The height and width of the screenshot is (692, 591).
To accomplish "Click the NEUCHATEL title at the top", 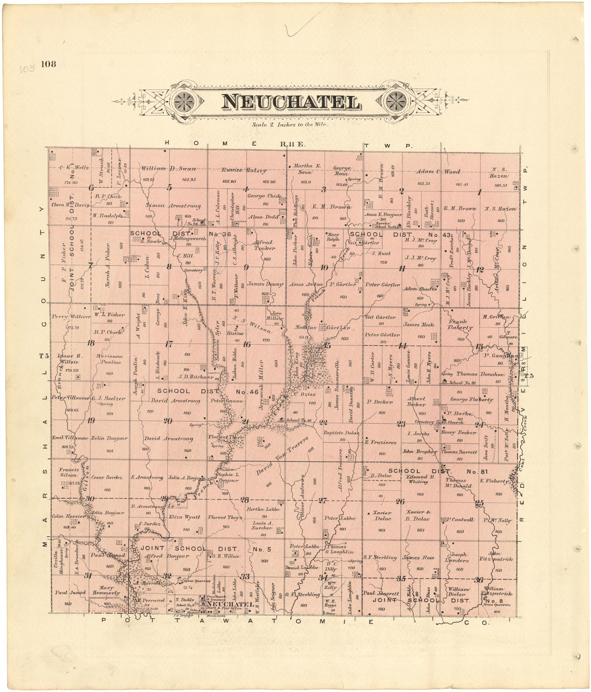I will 290,103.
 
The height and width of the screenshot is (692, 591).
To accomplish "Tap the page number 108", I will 48,64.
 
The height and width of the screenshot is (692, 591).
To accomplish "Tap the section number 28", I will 245,500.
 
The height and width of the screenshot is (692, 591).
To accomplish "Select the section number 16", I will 246,345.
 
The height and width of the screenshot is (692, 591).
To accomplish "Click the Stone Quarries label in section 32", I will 197,581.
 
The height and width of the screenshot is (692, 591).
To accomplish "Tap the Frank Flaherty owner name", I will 460,325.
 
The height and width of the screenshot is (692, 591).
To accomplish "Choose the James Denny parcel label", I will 265,285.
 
